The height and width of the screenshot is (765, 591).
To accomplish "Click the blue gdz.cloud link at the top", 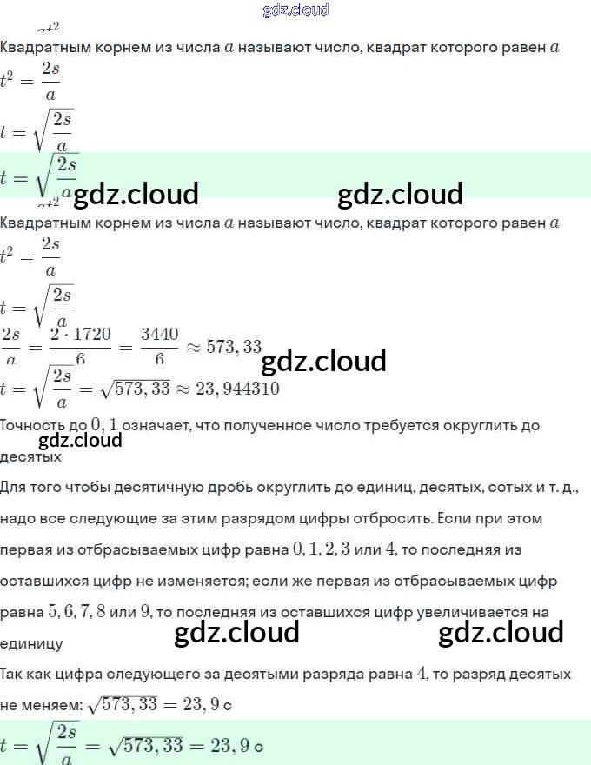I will click(295, 10).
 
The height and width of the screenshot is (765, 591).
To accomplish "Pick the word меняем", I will click(52, 705).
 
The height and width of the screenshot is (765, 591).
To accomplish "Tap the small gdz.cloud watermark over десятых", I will click(80, 440).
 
